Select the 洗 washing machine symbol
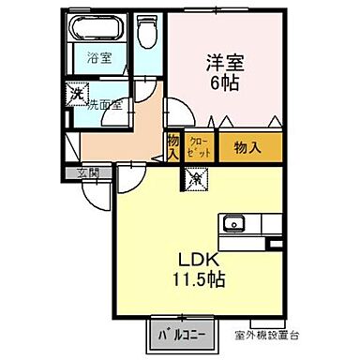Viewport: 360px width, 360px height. click(x=76, y=94)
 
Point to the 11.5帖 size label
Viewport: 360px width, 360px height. click(x=197, y=278)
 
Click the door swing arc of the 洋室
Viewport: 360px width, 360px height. click(x=180, y=114)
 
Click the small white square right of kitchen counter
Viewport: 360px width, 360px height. click(x=275, y=243)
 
